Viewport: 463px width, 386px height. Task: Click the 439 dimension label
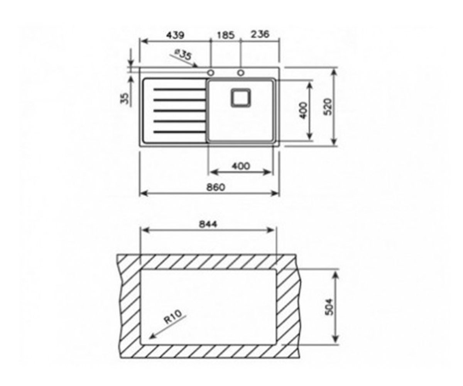[x=175, y=35]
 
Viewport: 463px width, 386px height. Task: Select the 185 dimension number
[x=225, y=35]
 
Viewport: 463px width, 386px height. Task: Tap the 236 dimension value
[x=260, y=34]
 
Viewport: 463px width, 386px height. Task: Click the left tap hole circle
[x=210, y=73]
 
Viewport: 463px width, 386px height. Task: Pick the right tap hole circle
[x=241, y=73]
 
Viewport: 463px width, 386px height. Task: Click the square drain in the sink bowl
[x=241, y=98]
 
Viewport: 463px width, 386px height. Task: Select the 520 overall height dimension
[x=328, y=107]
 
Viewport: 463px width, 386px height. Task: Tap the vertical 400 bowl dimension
[x=304, y=110]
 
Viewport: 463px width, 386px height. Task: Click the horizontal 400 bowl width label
[x=241, y=166]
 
